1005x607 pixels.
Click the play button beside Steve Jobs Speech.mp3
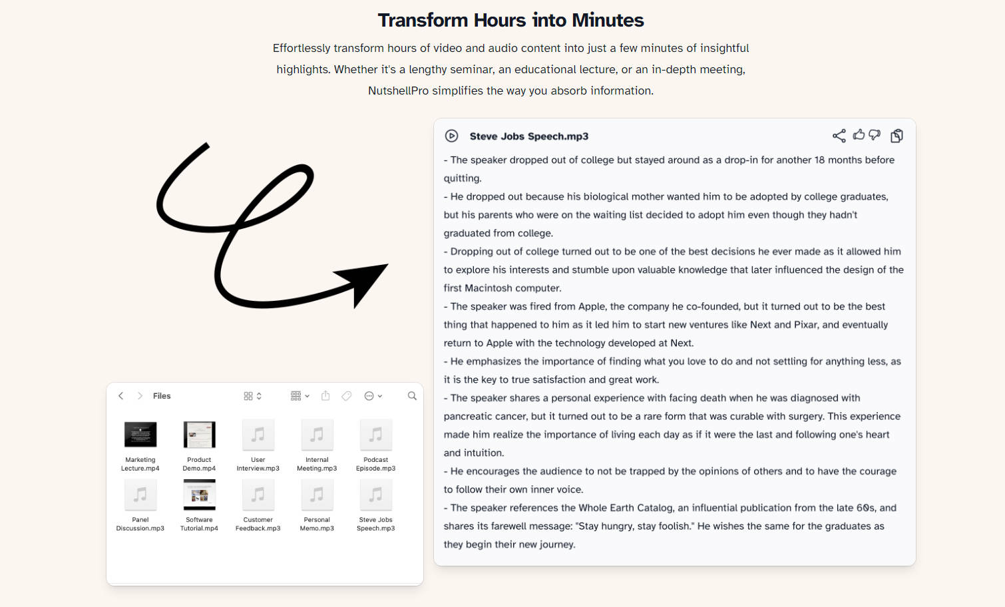tap(451, 136)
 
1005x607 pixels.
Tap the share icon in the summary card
tap(839, 136)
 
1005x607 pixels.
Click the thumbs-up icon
tap(859, 134)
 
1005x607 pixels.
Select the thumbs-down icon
tap(875, 135)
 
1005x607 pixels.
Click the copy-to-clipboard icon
tap(897, 136)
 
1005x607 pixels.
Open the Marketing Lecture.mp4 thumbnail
tap(140, 434)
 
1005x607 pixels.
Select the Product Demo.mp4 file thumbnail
tap(199, 434)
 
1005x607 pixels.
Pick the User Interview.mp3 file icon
tap(258, 434)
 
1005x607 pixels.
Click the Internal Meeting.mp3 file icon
tap(317, 434)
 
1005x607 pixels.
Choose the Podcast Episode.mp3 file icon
tap(375, 434)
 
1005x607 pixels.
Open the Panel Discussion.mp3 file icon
tap(140, 495)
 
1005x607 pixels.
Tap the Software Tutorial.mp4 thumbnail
tap(199, 495)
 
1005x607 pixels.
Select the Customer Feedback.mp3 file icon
tap(258, 495)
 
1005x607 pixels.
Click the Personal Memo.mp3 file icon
tap(317, 495)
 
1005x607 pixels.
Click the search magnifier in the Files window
tap(412, 396)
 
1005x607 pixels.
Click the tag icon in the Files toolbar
tap(346, 396)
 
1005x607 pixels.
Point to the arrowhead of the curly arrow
tap(387, 265)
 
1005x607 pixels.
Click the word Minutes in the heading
tap(608, 20)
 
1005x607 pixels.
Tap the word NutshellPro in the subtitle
tap(398, 91)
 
